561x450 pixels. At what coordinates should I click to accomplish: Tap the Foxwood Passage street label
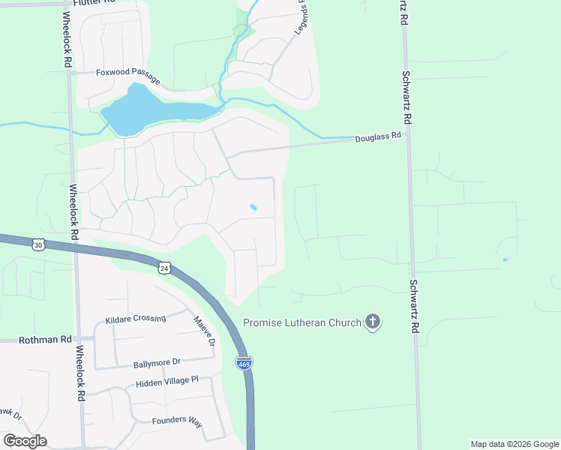coord(127,73)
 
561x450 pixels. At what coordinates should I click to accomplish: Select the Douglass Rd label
coord(378,137)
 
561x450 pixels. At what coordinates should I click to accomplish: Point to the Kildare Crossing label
coord(136,318)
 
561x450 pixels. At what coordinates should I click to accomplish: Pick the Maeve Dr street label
coord(205,331)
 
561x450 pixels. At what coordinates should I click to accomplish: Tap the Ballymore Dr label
coord(156,364)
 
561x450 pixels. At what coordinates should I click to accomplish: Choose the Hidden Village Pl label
coord(166,382)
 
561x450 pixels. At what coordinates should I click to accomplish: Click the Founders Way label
coord(177,421)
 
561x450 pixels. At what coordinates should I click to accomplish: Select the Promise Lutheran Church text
coord(301,324)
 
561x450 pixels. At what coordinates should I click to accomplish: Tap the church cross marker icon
coord(372,323)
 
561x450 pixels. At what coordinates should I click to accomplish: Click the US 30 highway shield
coord(39,244)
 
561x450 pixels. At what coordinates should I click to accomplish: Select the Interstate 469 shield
coord(244,363)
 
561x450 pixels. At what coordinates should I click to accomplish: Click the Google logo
coord(25,441)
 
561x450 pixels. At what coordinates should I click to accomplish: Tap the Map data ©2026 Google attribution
coord(514,444)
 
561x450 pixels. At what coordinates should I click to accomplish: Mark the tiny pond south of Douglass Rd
coord(253,207)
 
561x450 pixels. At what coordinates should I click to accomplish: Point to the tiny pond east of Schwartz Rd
coord(505,259)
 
